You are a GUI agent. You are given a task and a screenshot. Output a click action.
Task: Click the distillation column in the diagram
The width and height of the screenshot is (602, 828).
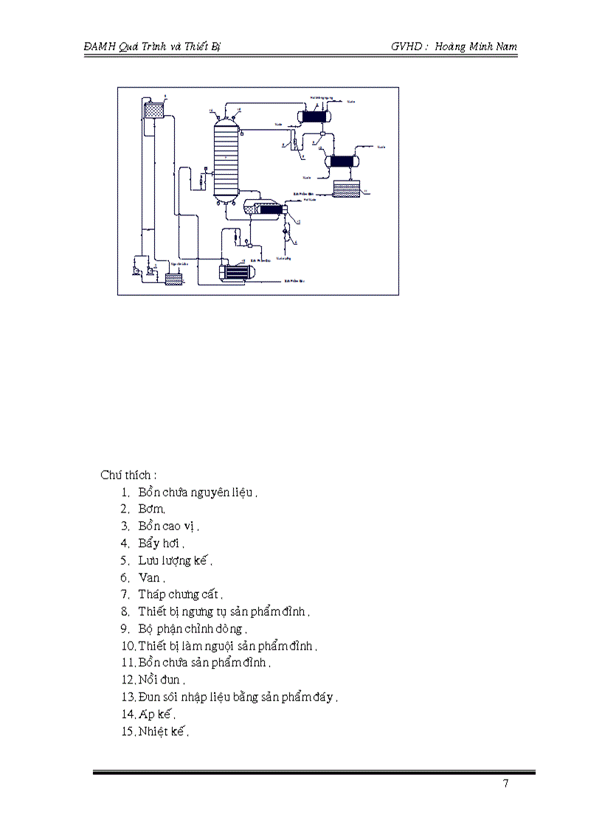226,158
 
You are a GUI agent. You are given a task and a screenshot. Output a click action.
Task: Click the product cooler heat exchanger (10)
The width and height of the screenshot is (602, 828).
343,161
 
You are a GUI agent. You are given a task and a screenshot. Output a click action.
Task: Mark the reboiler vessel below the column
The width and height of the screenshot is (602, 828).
269,209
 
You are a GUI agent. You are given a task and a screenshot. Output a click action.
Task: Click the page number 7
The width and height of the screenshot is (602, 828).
505,784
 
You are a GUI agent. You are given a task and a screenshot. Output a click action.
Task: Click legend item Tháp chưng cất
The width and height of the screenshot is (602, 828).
179,594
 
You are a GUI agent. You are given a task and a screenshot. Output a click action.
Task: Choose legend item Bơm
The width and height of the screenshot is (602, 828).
151,509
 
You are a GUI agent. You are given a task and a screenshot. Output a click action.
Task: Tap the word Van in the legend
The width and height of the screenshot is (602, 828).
149,577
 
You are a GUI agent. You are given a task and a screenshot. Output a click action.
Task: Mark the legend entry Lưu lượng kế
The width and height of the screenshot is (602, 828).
174,560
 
